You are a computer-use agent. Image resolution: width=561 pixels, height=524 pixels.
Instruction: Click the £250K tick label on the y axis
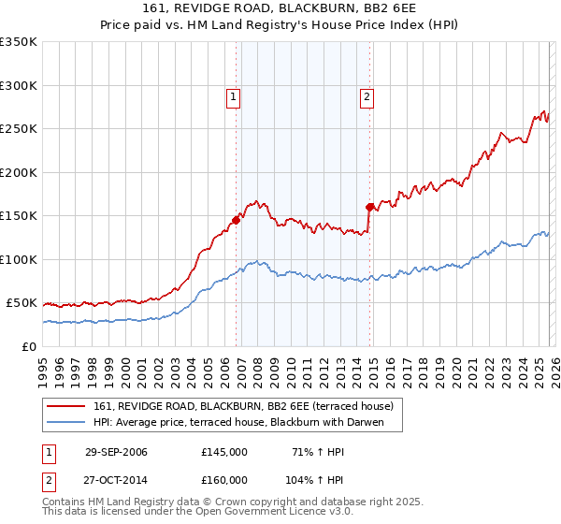(x=19, y=129)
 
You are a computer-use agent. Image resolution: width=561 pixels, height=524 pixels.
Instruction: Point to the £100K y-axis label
(x=19, y=259)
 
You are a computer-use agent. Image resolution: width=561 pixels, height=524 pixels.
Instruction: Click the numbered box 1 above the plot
(x=232, y=95)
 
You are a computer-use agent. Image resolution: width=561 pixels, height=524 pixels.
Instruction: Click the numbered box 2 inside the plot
(x=367, y=95)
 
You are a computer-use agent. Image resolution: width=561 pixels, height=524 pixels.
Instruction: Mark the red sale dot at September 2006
(x=237, y=220)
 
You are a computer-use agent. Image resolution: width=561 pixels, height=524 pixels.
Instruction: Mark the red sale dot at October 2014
(x=370, y=207)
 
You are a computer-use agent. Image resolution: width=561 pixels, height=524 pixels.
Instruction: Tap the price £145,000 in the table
(x=223, y=452)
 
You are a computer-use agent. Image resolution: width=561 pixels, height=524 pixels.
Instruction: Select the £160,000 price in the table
(x=223, y=479)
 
